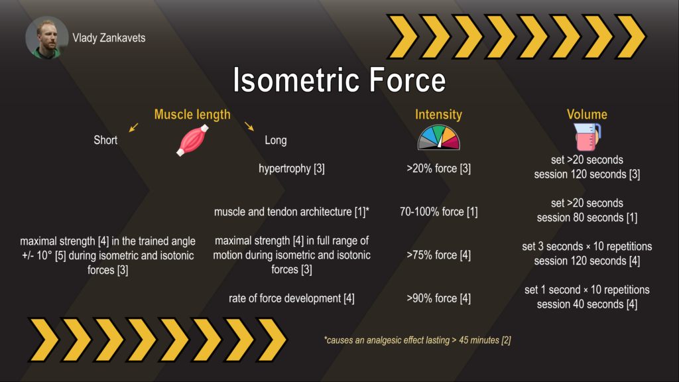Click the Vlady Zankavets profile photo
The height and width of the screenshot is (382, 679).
pos(47,38)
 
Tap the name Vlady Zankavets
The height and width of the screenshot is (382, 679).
pos(109,38)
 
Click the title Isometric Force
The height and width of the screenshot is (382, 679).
pos(339,80)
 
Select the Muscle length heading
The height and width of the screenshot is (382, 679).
pos(192,114)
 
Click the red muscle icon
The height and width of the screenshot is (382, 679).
pos(193,140)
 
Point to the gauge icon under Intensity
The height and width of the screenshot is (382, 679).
pos(439,137)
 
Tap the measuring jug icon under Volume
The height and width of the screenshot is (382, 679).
pos(587,137)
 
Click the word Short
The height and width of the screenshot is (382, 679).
pos(105,140)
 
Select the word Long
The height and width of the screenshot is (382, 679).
pos(275,141)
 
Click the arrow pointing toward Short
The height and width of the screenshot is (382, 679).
pos(134,127)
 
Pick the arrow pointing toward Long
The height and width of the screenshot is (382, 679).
pos(249,126)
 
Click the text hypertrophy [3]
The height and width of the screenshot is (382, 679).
pos(292,168)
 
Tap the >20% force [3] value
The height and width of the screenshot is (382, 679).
pos(439,168)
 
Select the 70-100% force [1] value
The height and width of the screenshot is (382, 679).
pos(439,212)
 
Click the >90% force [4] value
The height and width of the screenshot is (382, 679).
pos(439,298)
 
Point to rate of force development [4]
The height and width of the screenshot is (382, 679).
pos(292,298)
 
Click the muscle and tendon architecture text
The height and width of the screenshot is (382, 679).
pos(292,212)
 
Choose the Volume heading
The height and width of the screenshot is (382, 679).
pos(587,114)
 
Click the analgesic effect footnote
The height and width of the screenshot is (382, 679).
pos(418,340)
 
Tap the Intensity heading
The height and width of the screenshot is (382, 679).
pos(439,114)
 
